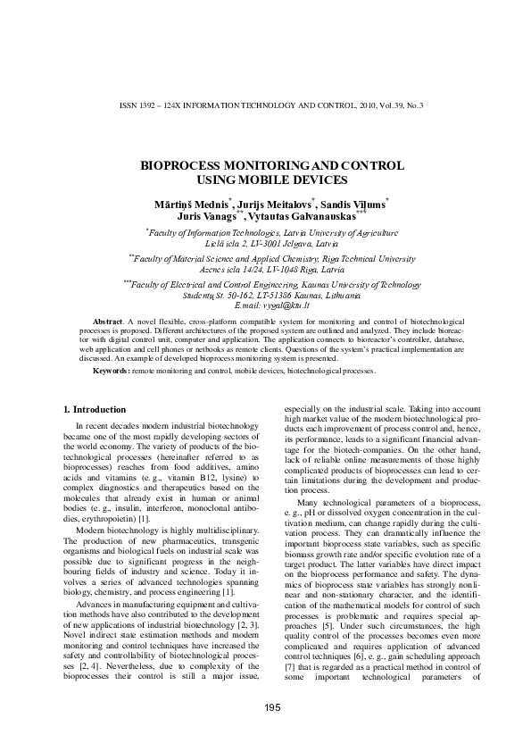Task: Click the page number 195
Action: pyautogui.click(x=273, y=708)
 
